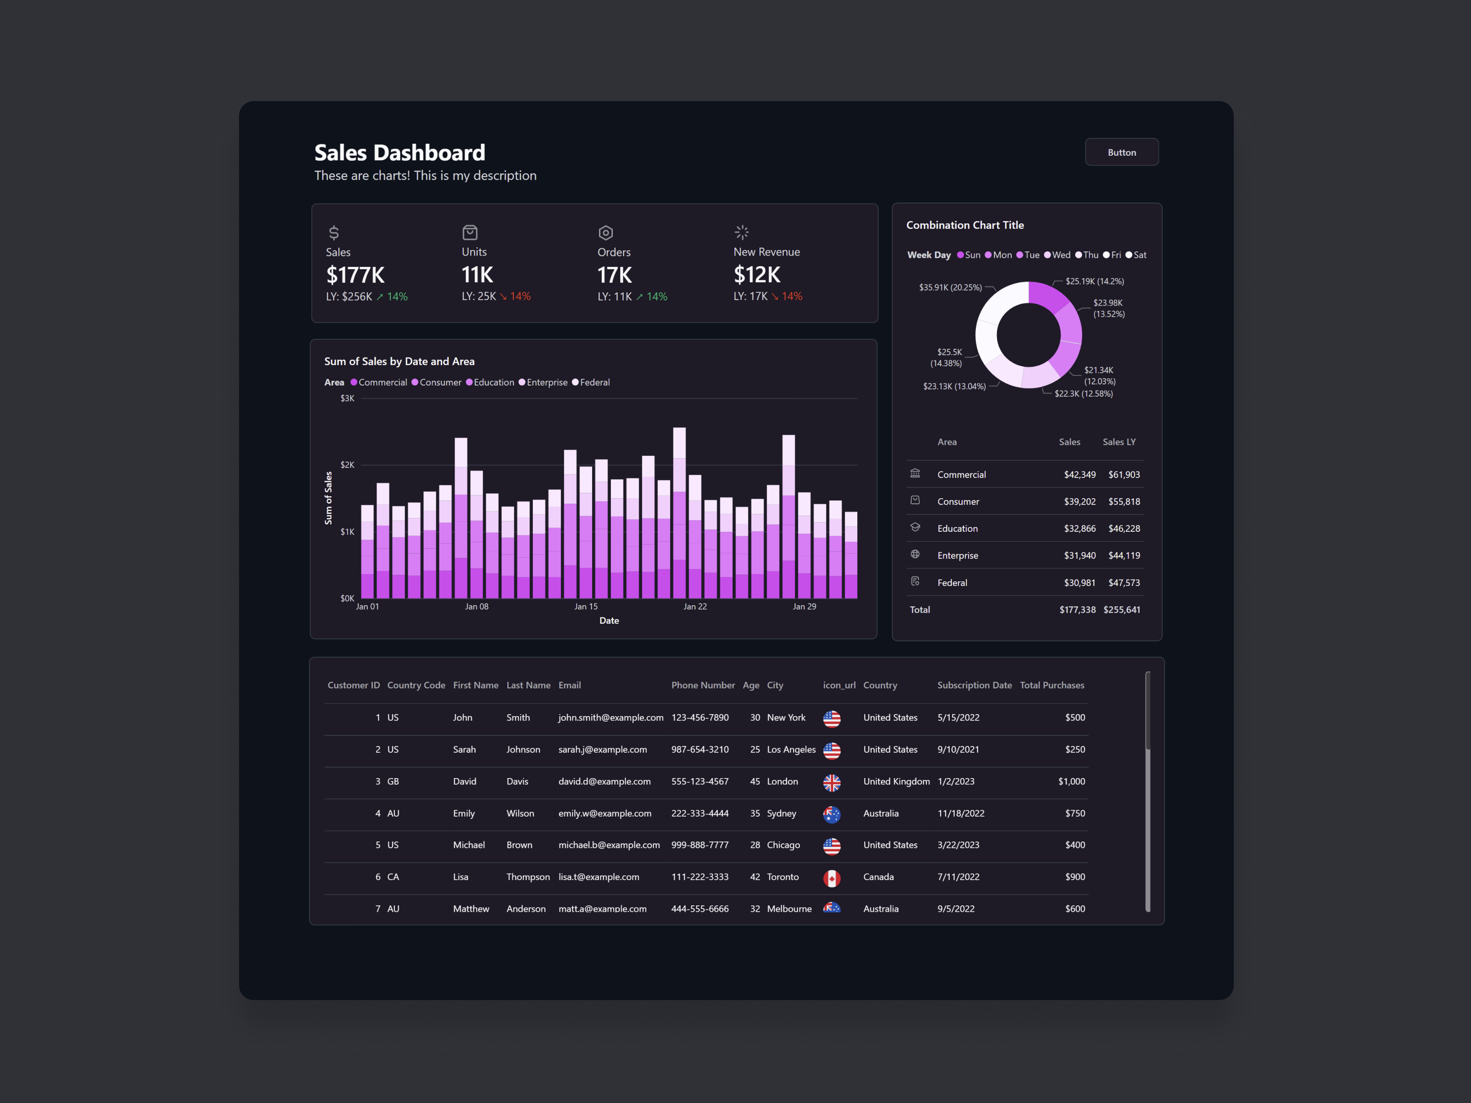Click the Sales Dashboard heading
[x=399, y=153]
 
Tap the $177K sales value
[x=355, y=274]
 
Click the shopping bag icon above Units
[x=469, y=232]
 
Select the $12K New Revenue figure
[x=757, y=274]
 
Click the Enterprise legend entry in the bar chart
[x=547, y=382]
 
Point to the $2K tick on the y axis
[x=347, y=465]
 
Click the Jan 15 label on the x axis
[x=586, y=606]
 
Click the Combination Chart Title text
[x=964, y=225]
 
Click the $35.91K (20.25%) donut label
[x=950, y=287]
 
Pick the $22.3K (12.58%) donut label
[x=1083, y=393]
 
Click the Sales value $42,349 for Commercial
[x=1079, y=475]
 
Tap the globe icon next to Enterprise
[x=915, y=555]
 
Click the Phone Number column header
[x=703, y=686]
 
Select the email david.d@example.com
[x=604, y=781]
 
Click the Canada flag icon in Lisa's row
[x=831, y=878]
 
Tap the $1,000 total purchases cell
[x=1072, y=781]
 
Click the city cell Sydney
[x=781, y=813]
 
